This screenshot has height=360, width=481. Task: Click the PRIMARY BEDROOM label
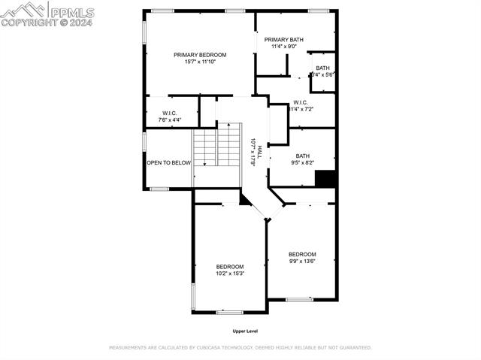point(200,55)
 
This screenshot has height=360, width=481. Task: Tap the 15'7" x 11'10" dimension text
point(200,62)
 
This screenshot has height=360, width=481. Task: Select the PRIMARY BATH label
point(284,39)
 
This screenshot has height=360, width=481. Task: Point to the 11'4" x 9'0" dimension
point(284,47)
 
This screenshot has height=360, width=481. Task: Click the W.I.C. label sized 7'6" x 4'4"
point(169,113)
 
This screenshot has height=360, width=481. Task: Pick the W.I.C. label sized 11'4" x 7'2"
point(301,102)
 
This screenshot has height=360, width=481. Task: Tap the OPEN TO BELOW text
point(168,162)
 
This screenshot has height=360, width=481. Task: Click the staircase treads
point(217,148)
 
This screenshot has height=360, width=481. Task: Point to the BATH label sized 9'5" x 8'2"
point(302,156)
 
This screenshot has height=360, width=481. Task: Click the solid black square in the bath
point(325,179)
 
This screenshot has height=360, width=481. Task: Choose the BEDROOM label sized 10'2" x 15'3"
point(230,267)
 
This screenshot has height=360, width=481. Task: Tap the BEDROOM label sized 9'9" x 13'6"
point(302,254)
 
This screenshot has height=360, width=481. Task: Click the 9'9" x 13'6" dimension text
point(302,262)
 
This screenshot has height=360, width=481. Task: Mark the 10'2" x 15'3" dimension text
point(230,274)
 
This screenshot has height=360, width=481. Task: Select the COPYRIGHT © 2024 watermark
point(47,23)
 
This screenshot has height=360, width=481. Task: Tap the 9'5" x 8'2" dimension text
point(302,162)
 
